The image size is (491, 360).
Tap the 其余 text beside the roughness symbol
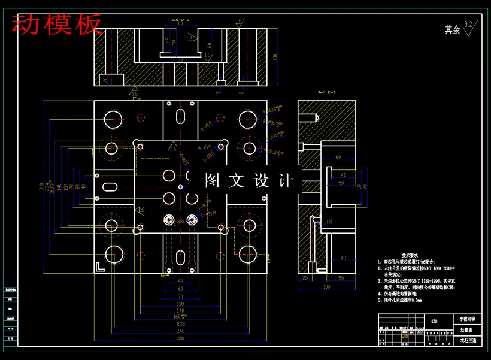point(452,30)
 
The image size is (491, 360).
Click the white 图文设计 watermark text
point(249,180)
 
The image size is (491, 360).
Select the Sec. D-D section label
point(180,20)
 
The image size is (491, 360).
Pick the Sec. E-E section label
point(326,93)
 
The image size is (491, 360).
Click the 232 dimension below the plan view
point(180,323)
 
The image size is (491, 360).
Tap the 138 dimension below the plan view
point(180,304)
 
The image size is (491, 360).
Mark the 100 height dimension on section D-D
point(275,57)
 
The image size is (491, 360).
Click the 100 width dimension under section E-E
point(326,287)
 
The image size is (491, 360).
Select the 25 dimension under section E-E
point(305,279)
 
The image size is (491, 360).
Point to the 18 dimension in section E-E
point(329,222)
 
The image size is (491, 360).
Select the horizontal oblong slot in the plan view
point(111,187)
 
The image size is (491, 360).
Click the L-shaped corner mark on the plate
point(100,267)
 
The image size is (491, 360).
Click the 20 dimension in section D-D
point(105,78)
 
